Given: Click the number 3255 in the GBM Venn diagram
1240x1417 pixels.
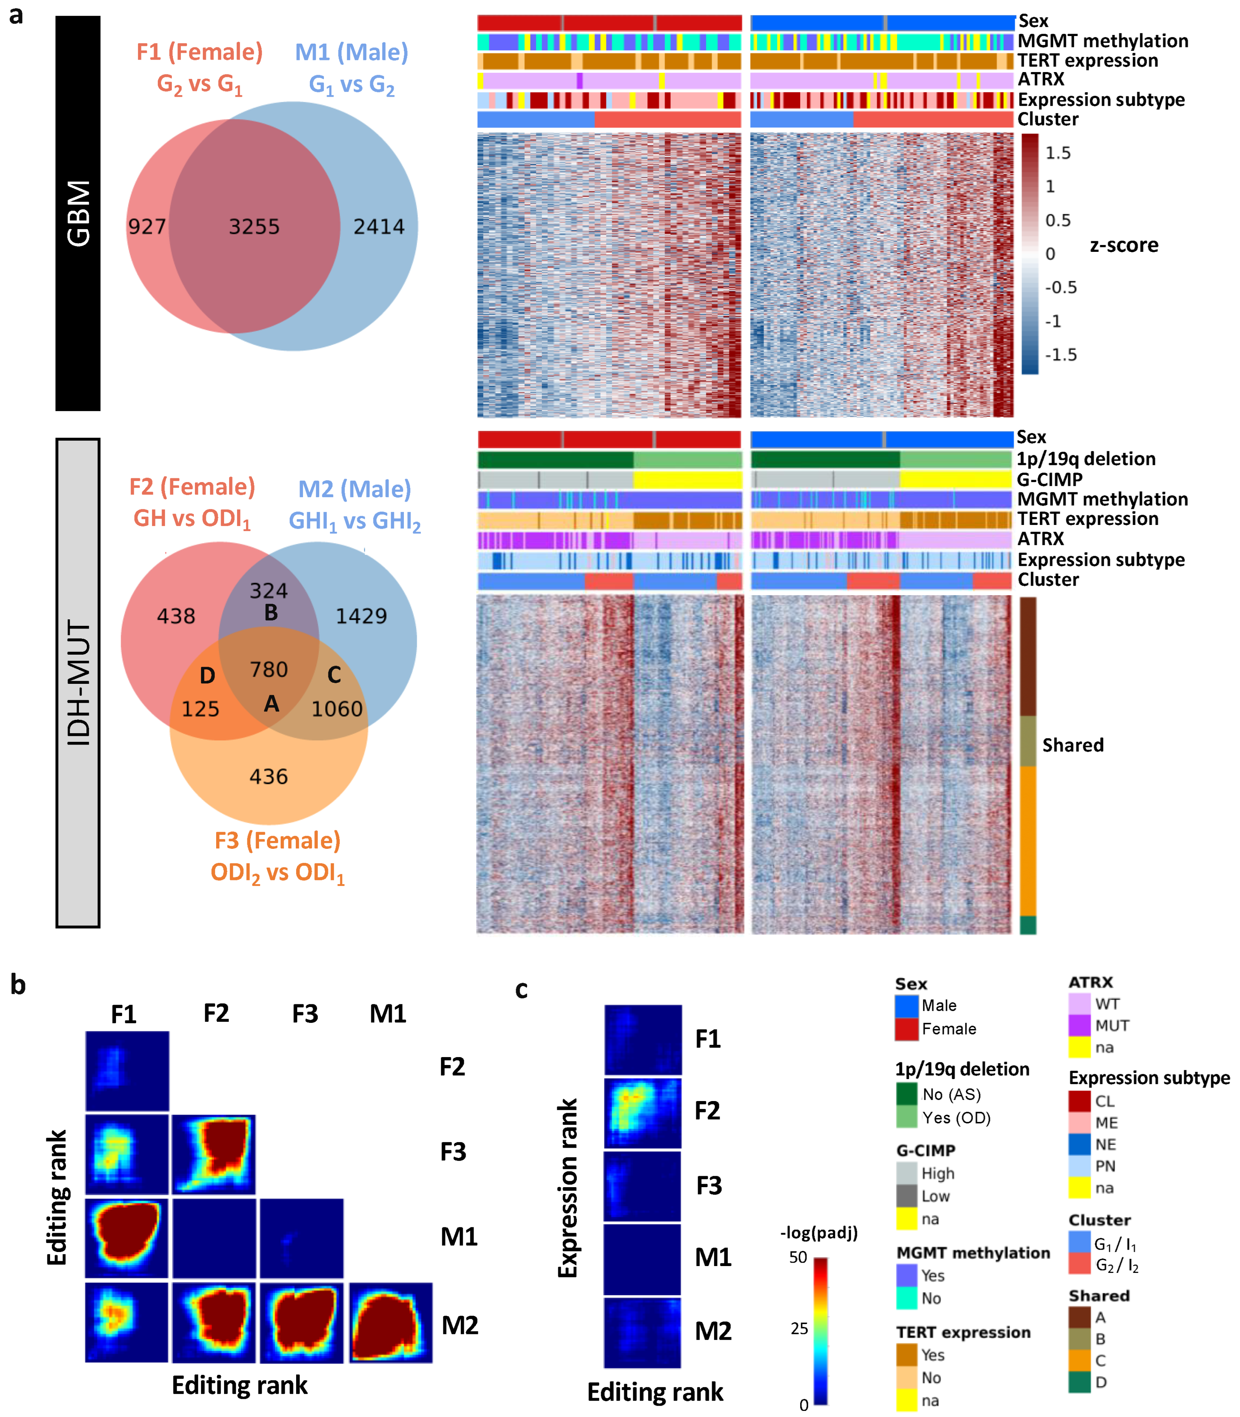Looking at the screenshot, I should click(254, 226).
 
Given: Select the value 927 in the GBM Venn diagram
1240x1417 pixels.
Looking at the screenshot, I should click(147, 226).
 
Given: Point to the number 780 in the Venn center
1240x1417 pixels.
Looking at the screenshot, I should click(268, 669).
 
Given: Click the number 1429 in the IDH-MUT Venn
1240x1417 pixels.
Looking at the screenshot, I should click(361, 616).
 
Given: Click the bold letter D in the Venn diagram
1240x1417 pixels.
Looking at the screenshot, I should click(207, 676).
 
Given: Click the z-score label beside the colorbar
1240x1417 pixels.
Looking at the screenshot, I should click(1124, 245).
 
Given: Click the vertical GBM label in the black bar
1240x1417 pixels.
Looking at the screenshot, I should click(78, 213).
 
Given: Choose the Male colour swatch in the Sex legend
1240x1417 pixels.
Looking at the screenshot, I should click(906, 1006).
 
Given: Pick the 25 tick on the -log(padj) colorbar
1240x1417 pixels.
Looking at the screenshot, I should click(799, 1328).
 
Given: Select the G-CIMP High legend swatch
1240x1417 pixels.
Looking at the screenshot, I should click(906, 1174).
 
